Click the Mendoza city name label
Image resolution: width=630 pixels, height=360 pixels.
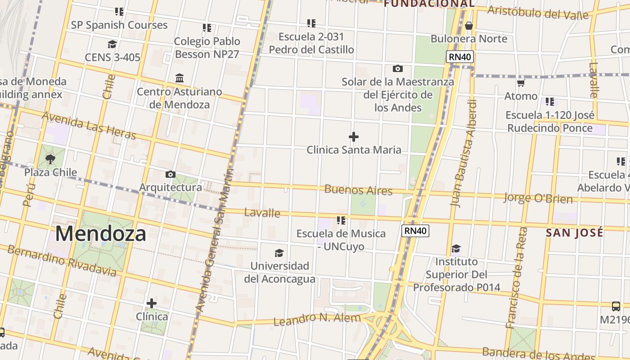101,234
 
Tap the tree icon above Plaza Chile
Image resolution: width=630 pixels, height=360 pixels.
50,159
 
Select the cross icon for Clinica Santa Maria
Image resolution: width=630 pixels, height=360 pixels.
354,136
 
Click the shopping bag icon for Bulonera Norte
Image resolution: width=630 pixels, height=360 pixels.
469,26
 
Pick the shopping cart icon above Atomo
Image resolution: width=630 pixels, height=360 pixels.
521,83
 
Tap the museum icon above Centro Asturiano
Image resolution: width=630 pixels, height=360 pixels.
180,78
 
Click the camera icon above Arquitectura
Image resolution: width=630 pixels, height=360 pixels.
170,174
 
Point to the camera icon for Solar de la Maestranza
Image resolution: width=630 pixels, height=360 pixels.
397,68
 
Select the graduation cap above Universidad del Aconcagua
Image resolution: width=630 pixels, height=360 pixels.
279,253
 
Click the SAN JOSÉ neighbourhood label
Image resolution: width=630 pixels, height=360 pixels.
575,233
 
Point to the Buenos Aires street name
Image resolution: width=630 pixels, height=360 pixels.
358,190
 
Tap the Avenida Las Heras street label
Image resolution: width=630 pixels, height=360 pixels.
89,125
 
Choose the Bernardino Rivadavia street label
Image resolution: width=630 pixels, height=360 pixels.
62,261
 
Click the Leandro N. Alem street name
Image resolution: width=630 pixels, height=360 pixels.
317,319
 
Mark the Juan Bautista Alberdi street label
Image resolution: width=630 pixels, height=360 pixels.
463,153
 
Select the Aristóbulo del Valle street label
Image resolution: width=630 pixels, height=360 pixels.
538,13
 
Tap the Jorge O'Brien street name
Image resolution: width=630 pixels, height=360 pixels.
538,198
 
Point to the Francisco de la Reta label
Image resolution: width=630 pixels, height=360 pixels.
516,278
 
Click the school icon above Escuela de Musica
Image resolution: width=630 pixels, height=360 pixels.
341,220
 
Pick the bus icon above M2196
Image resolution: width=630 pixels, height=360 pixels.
616,306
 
